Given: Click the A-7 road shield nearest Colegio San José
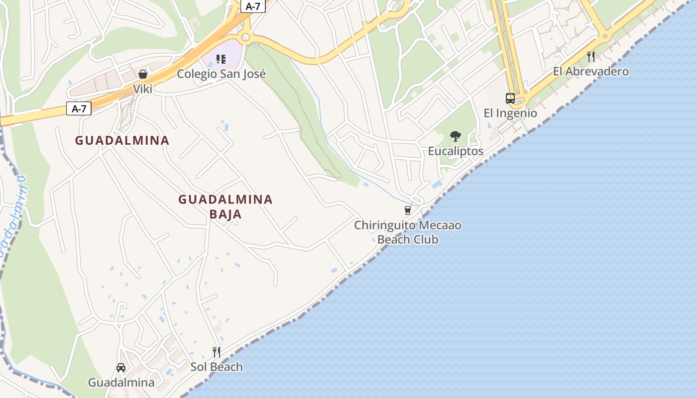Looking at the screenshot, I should [253, 6].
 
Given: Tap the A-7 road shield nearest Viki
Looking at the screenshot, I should [79, 108].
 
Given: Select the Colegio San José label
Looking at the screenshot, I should [222, 74].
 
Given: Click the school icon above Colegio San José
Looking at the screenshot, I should [221, 60].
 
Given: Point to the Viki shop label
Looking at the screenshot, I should [143, 89].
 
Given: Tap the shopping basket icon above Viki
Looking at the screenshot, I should [143, 74].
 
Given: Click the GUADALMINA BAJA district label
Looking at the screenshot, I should [226, 207].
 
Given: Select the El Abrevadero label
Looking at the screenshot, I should [591, 72].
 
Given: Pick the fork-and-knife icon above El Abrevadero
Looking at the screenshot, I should [591, 57].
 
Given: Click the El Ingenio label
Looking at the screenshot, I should [510, 113].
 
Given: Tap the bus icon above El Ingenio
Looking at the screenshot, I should [510, 99].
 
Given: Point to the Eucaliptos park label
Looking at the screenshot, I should [456, 151].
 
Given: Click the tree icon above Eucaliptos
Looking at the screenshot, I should [456, 136].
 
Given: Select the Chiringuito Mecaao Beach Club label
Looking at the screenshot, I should [408, 232].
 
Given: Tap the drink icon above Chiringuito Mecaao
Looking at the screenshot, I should [408, 210].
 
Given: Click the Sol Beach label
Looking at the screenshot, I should [217, 367].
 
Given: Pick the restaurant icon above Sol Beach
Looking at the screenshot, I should [217, 352].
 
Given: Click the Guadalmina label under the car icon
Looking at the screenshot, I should [121, 383].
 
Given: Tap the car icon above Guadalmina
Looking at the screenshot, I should [121, 368].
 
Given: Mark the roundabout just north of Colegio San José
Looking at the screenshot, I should [244, 37].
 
